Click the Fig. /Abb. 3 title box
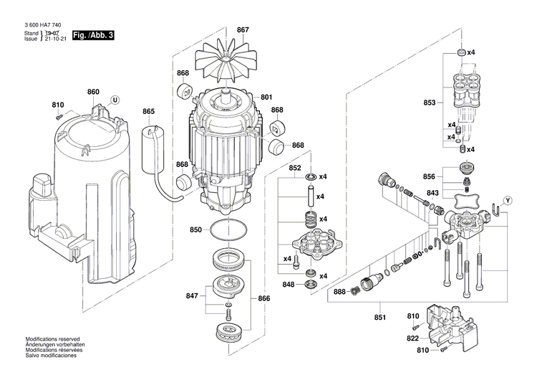tap(93, 35)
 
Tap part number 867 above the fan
tap(243, 30)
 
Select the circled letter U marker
tap(115, 100)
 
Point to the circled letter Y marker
tap(508, 201)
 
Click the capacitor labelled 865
tap(151, 148)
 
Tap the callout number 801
tap(266, 97)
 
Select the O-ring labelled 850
tap(228, 230)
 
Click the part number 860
tap(93, 92)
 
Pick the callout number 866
tap(264, 298)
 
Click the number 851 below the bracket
tap(379, 318)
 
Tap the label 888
tap(339, 292)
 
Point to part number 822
tap(412, 338)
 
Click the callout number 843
tap(432, 193)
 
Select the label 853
tap(430, 103)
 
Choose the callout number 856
tap(429, 176)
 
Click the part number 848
tap(289, 285)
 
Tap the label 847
tap(192, 295)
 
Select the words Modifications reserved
tap(52, 339)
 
